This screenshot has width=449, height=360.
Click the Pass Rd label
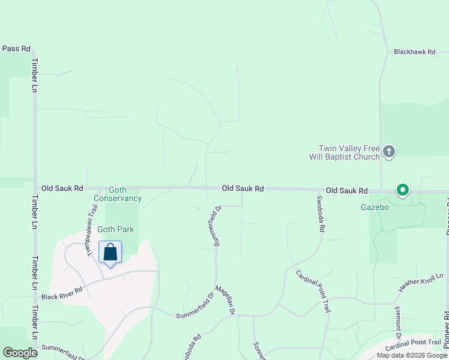[x=16, y=49]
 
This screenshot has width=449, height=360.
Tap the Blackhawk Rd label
[x=414, y=52]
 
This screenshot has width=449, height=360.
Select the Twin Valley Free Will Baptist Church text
[x=349, y=152]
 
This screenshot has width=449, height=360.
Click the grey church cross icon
[x=389, y=152]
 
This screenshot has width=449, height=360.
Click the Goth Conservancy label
[x=118, y=194]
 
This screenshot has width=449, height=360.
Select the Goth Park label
[x=116, y=229]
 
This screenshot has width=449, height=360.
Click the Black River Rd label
[x=62, y=289]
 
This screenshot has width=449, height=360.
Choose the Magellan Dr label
[x=225, y=301]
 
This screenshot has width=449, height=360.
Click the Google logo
[x=20, y=353]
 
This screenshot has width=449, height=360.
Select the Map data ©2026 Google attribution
[x=412, y=355]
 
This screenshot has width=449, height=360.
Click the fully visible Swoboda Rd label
[x=321, y=214]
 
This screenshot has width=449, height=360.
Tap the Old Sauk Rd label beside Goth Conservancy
[x=62, y=188]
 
